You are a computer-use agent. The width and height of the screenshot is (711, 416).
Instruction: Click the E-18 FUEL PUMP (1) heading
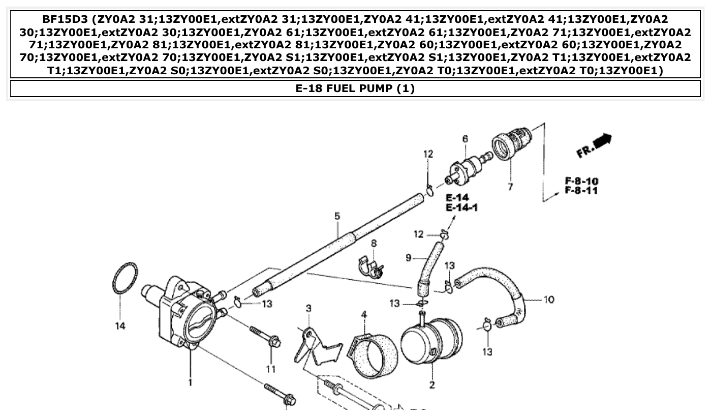click(x=355, y=88)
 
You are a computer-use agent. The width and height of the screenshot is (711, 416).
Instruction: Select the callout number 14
click(x=120, y=326)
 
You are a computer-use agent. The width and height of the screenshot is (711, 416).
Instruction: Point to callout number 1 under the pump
click(x=190, y=381)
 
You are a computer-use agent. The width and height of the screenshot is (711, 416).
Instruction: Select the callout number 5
click(x=337, y=216)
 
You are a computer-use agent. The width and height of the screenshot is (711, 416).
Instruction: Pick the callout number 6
click(x=465, y=138)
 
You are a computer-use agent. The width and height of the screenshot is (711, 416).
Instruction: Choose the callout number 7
click(x=510, y=187)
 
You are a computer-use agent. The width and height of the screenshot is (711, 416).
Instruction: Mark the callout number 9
click(x=409, y=258)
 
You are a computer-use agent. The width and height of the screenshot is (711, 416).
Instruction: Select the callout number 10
click(x=549, y=300)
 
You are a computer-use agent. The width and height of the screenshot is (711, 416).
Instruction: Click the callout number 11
click(x=270, y=368)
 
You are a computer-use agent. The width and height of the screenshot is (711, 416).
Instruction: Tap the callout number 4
click(x=364, y=315)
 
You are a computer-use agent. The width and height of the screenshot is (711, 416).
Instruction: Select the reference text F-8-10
click(x=581, y=181)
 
